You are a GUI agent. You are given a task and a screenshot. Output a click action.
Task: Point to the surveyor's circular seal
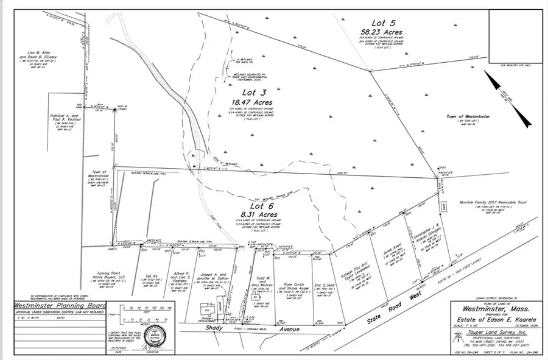coord(155,339)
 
